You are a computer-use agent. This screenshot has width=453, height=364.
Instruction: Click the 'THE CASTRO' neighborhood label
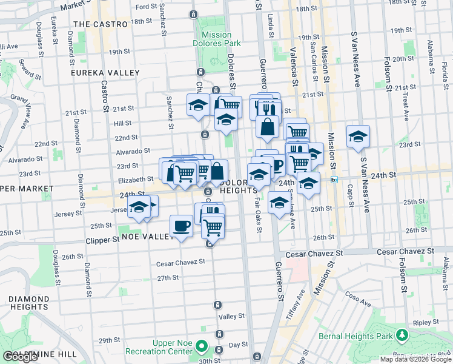101,24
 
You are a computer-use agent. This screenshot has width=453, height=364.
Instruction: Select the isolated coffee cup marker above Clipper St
181,226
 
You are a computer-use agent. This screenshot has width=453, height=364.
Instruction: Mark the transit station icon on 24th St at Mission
334,180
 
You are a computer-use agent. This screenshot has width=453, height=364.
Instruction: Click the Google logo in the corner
20,357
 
